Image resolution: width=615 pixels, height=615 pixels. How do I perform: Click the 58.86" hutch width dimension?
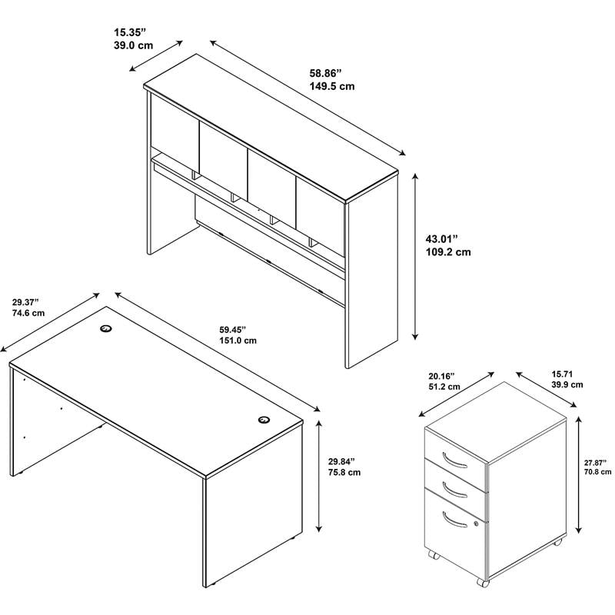[325, 73]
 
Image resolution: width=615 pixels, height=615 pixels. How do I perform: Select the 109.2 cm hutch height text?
[448, 252]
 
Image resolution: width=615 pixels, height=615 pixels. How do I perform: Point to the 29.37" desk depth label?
[25, 302]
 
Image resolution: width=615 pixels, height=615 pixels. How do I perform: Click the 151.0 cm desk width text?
[238, 341]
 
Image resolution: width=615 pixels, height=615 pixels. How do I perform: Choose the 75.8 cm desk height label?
[344, 472]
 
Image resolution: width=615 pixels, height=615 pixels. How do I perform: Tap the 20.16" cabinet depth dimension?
[441, 376]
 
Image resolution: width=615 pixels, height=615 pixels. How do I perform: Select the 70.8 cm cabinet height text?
[598, 472]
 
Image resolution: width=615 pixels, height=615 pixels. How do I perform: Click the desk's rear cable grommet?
[105, 328]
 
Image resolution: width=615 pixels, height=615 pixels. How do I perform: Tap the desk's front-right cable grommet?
[264, 420]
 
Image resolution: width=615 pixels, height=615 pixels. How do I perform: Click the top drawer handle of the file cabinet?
[454, 460]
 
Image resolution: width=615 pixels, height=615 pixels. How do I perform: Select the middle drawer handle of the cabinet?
[454, 490]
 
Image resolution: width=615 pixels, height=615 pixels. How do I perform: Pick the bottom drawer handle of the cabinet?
[454, 520]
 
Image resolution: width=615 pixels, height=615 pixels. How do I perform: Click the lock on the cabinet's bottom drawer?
[476, 524]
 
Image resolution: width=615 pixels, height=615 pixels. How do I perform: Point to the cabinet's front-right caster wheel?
[484, 583]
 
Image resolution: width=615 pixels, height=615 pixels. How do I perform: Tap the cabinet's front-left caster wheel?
[433, 555]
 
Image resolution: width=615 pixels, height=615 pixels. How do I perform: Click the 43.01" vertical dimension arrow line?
[415, 257]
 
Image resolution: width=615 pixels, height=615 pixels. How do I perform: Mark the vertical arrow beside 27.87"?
[578, 474]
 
